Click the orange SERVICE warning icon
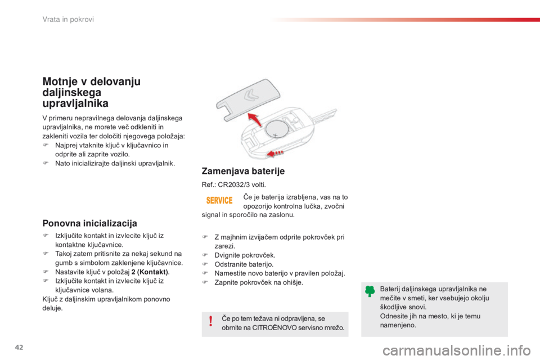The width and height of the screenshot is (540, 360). tap(220, 200)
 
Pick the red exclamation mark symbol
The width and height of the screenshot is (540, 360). tap(210, 321)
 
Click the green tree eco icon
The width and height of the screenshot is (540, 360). tap(370, 291)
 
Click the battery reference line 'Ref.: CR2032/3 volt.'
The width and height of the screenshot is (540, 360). tap(233, 184)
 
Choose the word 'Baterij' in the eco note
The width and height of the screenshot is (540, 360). tap(390, 289)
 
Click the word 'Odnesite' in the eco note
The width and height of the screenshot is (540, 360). tap(394, 316)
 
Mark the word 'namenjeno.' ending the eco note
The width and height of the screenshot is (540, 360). tap(398, 326)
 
